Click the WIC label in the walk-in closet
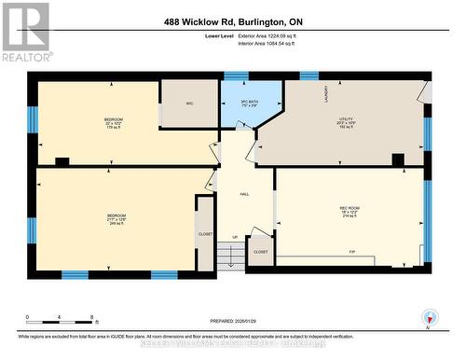pos(189,104)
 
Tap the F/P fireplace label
pos(352,253)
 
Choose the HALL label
pos(244,194)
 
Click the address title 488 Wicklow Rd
pos(232,21)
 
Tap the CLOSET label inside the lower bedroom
pos(205,233)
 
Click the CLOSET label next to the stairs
pos(261,252)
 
